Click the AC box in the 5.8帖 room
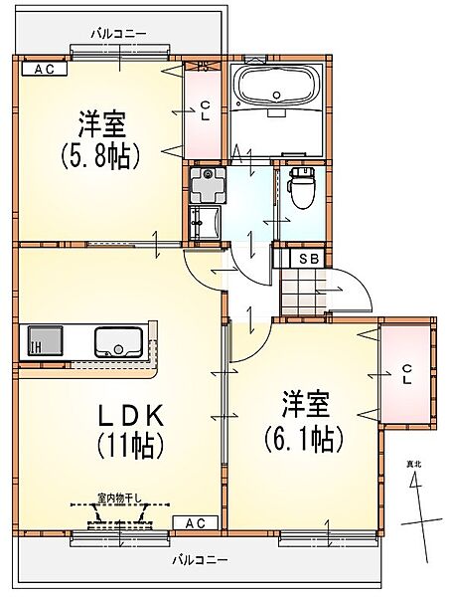tap(45, 69)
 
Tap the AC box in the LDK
tap(196, 522)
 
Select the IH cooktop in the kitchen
tap(45, 340)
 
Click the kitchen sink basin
tap(118, 342)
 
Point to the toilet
tap(302, 188)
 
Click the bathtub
tap(276, 87)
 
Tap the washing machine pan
tap(208, 185)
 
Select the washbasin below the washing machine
tap(205, 223)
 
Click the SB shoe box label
tap(309, 259)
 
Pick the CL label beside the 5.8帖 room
tap(205, 110)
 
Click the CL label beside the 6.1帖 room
tap(407, 374)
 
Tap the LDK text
tap(131, 416)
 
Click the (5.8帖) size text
tap(99, 157)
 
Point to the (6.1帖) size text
tap(304, 439)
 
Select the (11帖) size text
tap(131, 446)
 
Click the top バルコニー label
tap(118, 34)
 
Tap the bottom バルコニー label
tap(201, 560)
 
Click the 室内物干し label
tap(119, 497)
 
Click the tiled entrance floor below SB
tap(303, 292)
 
